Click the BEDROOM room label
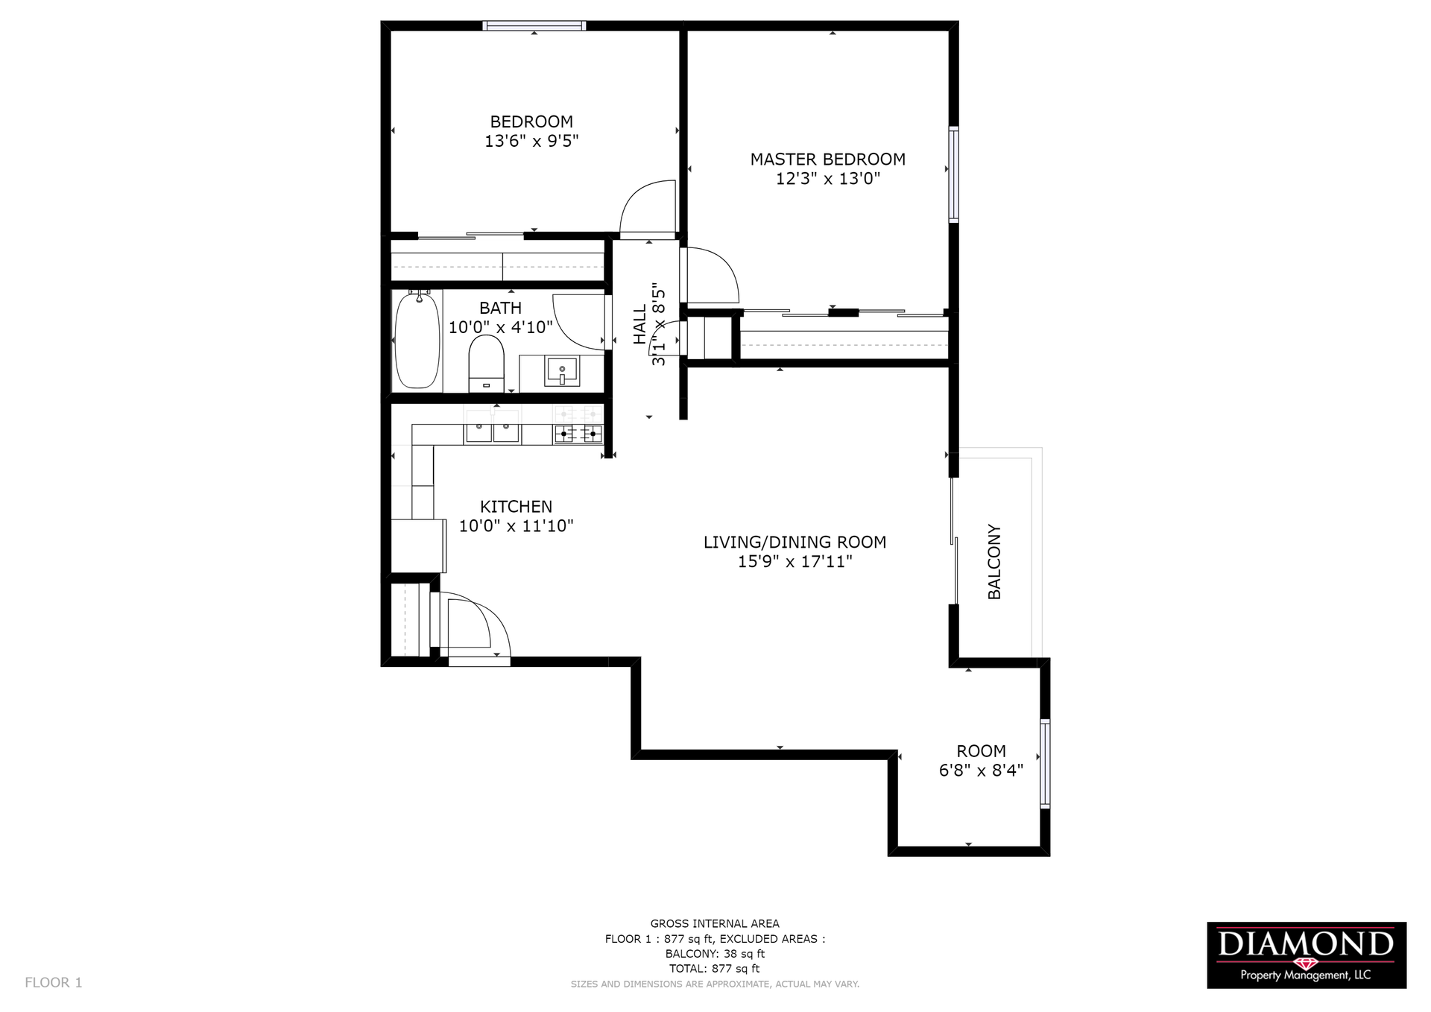point(531,121)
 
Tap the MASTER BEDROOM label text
point(827,159)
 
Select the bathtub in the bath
point(417,340)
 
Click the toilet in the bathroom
point(487,363)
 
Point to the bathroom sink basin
point(562,370)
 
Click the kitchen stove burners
point(578,433)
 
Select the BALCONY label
point(994,562)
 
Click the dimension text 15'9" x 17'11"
point(795,561)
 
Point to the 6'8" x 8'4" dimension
point(981,770)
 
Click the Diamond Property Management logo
point(1307,955)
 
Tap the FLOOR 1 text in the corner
point(54,982)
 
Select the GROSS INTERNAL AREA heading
point(715,923)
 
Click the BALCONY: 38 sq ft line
point(715,954)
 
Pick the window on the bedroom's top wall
point(534,25)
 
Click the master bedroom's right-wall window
point(953,174)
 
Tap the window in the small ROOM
point(1045,763)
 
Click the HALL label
point(639,324)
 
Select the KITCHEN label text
point(516,506)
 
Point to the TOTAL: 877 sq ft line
point(715,969)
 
